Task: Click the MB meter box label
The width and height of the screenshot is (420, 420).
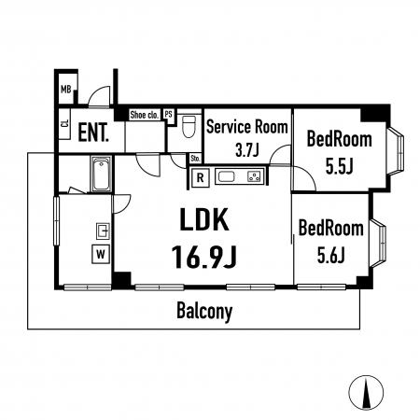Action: (x=66, y=90)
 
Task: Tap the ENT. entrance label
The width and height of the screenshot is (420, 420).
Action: (x=93, y=133)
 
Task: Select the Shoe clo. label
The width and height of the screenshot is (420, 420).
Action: (x=145, y=115)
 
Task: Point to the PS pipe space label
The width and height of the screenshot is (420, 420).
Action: (x=168, y=114)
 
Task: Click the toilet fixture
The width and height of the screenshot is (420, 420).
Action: (x=189, y=126)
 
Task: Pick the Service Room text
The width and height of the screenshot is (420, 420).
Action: (x=247, y=127)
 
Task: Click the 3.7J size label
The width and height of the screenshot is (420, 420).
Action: (x=247, y=150)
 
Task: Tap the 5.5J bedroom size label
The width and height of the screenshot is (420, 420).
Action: (x=339, y=166)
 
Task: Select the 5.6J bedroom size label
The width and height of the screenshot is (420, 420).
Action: (x=331, y=255)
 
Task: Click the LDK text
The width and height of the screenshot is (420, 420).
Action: (x=204, y=219)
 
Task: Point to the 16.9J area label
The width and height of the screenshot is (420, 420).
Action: (x=204, y=257)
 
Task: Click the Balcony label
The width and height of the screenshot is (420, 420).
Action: (x=204, y=311)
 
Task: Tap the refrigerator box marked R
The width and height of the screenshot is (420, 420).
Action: (x=201, y=177)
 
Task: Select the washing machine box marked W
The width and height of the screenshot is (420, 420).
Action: (x=101, y=255)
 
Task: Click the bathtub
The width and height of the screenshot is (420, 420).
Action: (x=102, y=175)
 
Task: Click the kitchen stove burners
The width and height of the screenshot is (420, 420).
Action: (x=254, y=176)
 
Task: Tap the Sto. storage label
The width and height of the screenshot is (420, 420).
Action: (x=195, y=159)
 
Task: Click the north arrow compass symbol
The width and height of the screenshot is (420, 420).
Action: (x=366, y=392)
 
